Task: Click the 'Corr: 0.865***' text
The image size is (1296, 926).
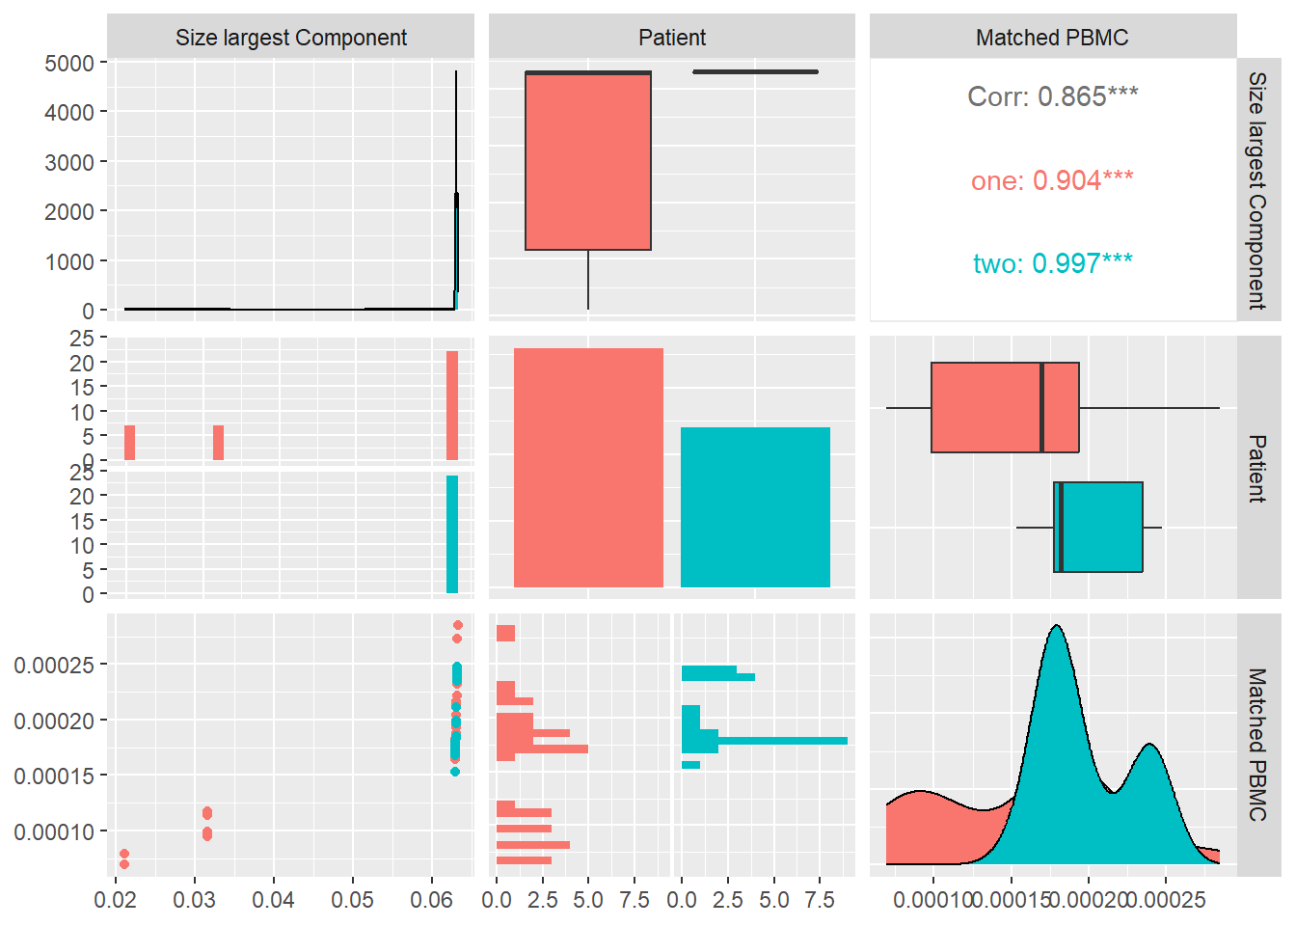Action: tap(1052, 96)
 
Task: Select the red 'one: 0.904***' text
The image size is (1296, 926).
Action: tap(1052, 180)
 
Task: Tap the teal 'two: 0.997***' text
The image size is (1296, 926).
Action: tap(1052, 263)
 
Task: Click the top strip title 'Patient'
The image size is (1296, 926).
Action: tap(672, 38)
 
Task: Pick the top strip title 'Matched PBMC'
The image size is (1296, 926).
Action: tap(1052, 38)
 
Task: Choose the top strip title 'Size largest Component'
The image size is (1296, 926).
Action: tap(290, 38)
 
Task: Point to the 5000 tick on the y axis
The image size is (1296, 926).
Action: tap(69, 64)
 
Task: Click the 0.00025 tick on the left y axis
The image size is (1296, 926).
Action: tap(54, 666)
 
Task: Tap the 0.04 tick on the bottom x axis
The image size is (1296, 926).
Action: tap(274, 900)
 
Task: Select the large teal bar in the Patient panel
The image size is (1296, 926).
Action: tap(755, 506)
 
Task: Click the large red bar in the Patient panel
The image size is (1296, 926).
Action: tap(588, 468)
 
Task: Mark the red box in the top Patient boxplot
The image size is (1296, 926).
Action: tap(588, 161)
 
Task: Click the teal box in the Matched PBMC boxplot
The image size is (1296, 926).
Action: tap(1098, 527)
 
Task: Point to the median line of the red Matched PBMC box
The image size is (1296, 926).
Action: tap(1042, 407)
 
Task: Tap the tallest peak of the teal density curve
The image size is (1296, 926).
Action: tap(1058, 628)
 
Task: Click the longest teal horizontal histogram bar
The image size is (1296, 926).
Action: tap(781, 741)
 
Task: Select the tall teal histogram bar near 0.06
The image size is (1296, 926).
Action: tap(452, 534)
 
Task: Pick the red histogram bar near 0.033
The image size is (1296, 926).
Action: tap(219, 443)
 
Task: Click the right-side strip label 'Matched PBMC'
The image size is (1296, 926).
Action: tap(1257, 745)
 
